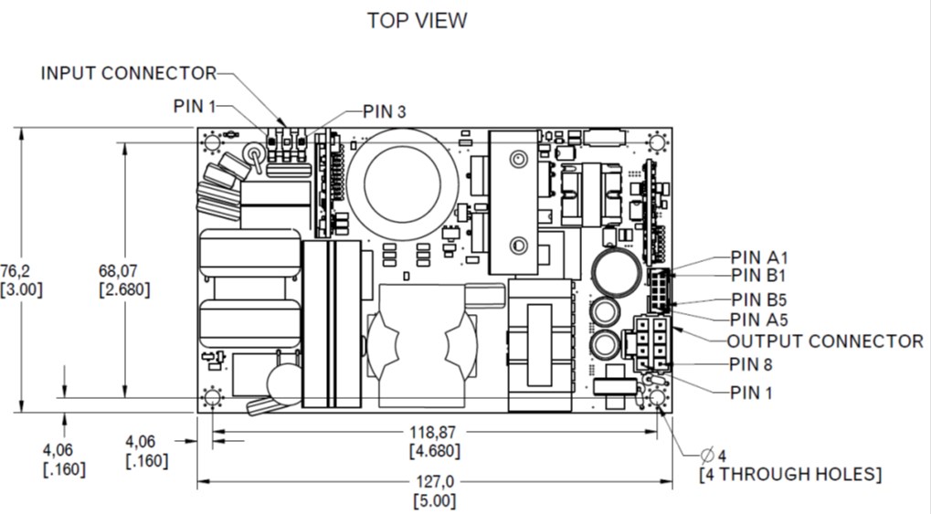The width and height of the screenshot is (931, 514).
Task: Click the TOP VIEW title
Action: pyautogui.click(x=417, y=20)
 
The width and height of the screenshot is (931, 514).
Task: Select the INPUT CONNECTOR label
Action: pyautogui.click(x=128, y=73)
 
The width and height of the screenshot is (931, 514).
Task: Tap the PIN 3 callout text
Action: pyautogui.click(x=384, y=111)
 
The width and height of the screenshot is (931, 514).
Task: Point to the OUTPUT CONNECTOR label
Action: pyautogui.click(x=825, y=341)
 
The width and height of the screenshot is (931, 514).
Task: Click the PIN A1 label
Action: pyautogui.click(x=759, y=257)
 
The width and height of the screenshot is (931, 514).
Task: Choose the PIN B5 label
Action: pyautogui.click(x=759, y=299)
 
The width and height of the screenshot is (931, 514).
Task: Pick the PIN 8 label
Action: pyautogui.click(x=752, y=365)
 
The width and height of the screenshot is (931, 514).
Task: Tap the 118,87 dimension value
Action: pyautogui.click(x=434, y=431)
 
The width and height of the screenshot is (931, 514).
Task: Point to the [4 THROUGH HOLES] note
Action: pyautogui.click(x=790, y=475)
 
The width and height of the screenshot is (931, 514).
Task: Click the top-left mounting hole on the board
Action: pyautogui.click(x=213, y=142)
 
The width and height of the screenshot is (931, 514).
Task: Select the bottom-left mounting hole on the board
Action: pyautogui.click(x=213, y=398)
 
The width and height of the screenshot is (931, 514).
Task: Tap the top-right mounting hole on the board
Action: pyautogui.click(x=656, y=142)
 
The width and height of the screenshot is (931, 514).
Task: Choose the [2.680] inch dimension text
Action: pyautogui.click(x=123, y=289)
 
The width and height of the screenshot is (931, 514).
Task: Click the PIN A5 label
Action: pyautogui.click(x=759, y=320)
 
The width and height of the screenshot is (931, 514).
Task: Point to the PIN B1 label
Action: pyautogui.click(x=758, y=275)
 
